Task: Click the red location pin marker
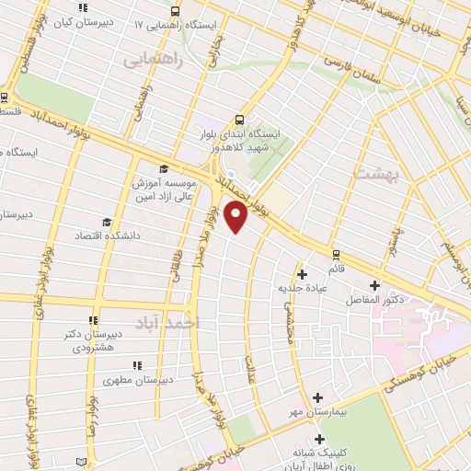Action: coord(236,217)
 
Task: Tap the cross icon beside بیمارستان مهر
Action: coord(318,397)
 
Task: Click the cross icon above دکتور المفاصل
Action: coord(373,285)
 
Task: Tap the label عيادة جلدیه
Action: coord(303,288)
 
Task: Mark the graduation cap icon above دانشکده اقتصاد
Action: coord(107,222)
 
